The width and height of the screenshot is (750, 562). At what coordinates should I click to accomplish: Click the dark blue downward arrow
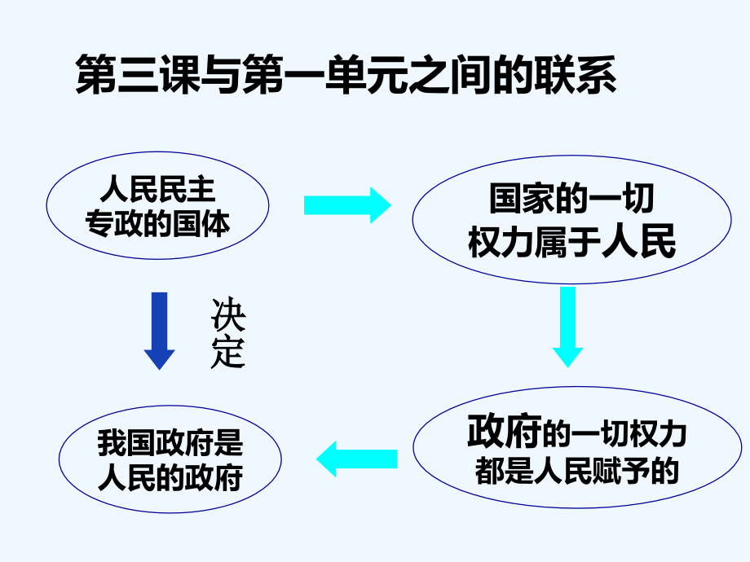(159, 331)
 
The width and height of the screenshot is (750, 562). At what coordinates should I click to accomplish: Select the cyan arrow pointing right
(348, 205)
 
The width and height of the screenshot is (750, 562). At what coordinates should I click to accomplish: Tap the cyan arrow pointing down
(567, 327)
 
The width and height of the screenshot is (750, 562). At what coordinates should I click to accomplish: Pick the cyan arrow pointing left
(357, 459)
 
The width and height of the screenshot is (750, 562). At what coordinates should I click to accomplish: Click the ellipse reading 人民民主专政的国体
(157, 152)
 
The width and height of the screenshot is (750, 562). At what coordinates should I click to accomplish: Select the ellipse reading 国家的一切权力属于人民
(571, 156)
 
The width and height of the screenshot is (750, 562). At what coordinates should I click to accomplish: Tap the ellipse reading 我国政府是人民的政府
(170, 406)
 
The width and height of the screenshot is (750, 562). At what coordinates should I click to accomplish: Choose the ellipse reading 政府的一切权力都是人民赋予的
(577, 387)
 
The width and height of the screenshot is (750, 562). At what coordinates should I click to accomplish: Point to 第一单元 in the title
(325, 74)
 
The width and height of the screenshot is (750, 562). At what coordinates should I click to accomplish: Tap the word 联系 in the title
(576, 74)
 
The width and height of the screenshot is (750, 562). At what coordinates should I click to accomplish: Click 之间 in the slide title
(450, 74)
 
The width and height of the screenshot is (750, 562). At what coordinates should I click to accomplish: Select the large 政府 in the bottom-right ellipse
(504, 431)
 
